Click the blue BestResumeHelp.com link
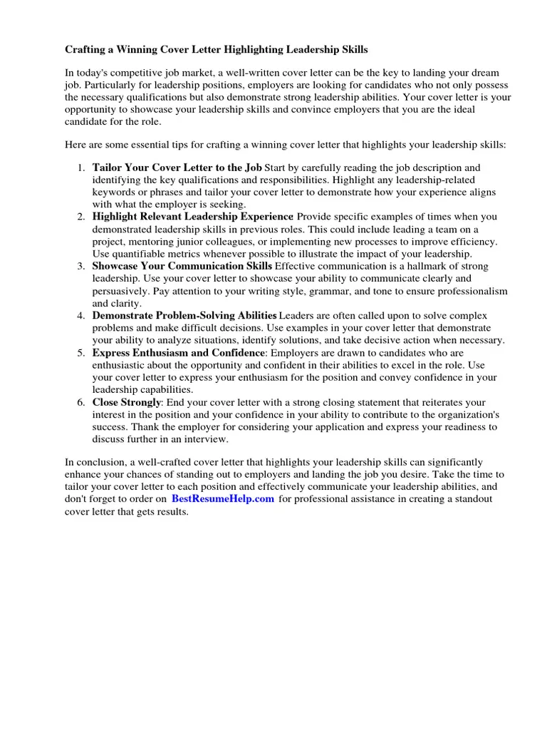222,499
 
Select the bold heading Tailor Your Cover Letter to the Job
177,168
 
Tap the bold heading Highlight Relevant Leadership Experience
192,217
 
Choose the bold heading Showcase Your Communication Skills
182,266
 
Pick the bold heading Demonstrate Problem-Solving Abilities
184,315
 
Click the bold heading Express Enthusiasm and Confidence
178,352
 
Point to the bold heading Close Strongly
126,402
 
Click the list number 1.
80,168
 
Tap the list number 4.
80,315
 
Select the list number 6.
80,402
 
